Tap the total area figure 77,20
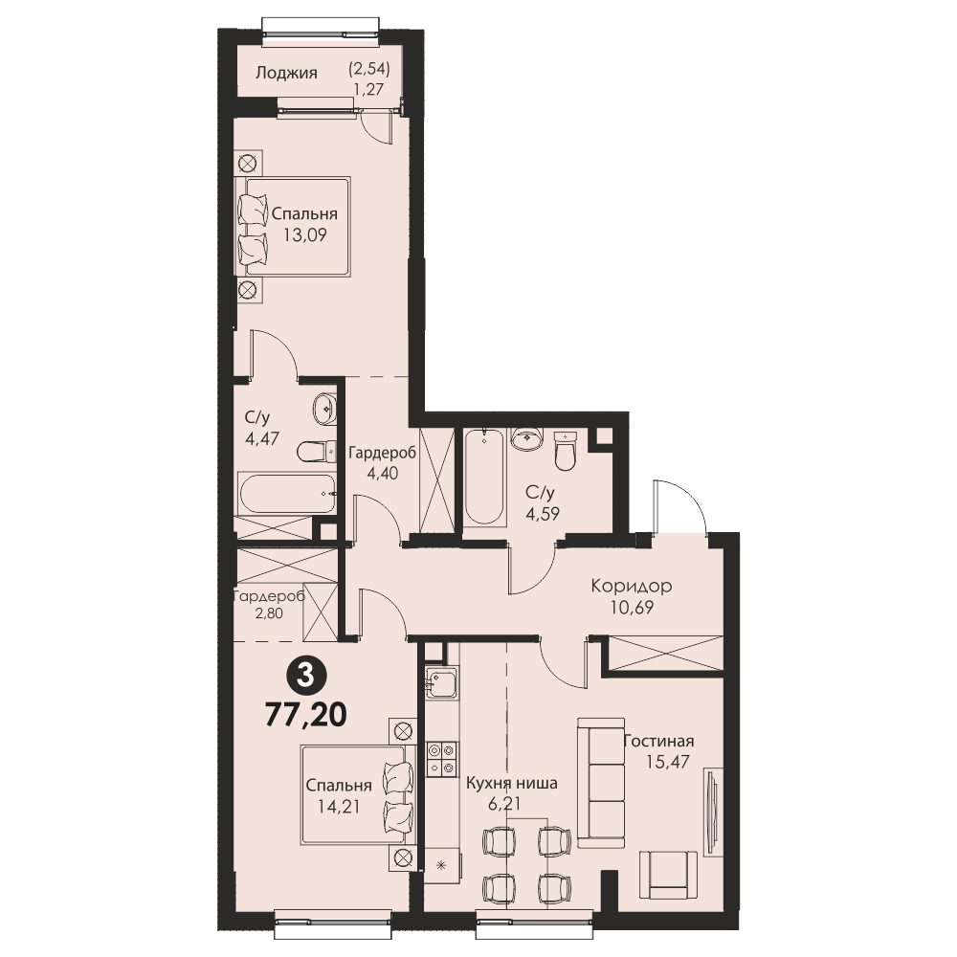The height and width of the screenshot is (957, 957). point(306,714)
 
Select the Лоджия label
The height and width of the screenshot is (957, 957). point(286,73)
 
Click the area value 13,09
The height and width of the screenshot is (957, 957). point(304,234)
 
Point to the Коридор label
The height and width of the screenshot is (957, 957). point(631,586)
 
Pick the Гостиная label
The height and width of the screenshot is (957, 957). point(658,741)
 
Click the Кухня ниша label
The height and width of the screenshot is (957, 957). point(511,783)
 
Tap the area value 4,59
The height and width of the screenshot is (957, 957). point(543,514)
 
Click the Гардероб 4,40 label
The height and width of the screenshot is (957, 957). point(382,462)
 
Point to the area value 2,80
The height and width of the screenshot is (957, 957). point(269,613)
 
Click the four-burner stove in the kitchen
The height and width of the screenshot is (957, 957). point(442,759)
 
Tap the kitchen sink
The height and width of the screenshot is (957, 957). point(440,682)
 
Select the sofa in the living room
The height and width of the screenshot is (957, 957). point(601,783)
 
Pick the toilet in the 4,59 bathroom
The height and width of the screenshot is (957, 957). point(566,451)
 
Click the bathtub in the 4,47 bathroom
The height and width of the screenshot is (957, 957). point(287,493)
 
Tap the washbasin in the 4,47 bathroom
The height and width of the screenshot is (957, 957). point(324,409)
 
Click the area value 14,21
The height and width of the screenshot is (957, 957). point(339,807)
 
